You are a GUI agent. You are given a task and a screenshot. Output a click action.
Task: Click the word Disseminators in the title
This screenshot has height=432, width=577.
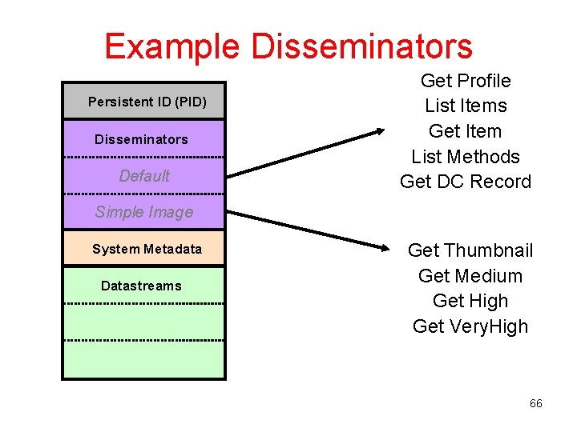(x=361, y=46)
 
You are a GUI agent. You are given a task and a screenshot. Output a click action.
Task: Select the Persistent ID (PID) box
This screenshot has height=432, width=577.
(x=147, y=102)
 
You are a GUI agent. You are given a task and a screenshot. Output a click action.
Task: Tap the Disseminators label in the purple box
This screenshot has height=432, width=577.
(x=141, y=139)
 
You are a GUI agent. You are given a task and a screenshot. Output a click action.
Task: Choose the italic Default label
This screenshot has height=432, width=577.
(x=144, y=176)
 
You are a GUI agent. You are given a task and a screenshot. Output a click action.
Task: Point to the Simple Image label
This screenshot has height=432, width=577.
(x=144, y=212)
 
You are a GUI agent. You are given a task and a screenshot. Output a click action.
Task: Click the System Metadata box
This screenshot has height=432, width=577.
(x=147, y=249)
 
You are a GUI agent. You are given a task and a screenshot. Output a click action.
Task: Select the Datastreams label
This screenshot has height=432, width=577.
(x=141, y=286)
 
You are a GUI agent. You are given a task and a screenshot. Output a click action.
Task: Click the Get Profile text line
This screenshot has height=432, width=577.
(x=466, y=81)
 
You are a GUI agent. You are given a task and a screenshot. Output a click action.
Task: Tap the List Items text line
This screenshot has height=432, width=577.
(x=466, y=106)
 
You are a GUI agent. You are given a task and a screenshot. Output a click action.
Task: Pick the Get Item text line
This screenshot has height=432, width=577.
(x=466, y=131)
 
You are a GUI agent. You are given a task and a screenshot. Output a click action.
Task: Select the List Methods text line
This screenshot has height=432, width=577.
(x=466, y=157)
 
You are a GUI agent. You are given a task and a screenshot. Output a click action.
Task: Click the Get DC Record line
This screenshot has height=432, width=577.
(x=466, y=182)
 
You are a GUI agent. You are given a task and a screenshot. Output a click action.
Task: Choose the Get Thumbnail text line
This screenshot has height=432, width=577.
(x=470, y=250)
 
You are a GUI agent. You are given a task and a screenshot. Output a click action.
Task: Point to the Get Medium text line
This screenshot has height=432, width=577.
(x=470, y=276)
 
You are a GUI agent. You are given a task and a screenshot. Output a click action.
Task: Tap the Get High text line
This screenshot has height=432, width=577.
(x=470, y=301)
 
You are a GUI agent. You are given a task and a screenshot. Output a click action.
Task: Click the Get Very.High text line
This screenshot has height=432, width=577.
(x=470, y=326)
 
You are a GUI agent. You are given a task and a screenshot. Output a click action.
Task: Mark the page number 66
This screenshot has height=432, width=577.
(x=536, y=403)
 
